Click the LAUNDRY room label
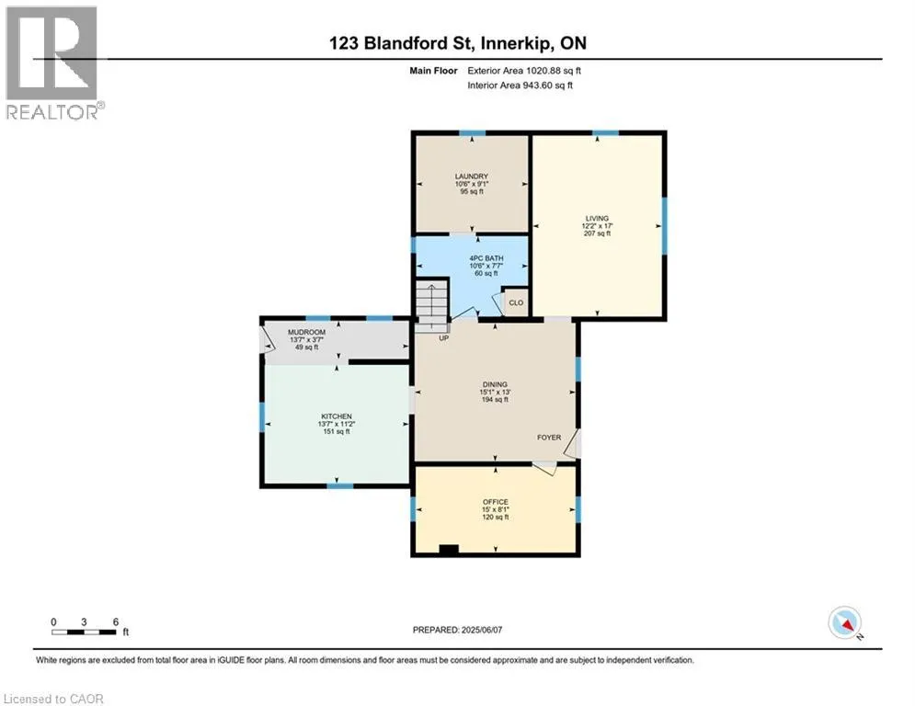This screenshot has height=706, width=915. (472, 176)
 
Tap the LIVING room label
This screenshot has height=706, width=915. (597, 218)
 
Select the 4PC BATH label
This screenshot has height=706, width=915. (486, 258)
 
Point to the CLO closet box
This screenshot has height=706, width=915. (516, 302)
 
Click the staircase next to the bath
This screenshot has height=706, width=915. (432, 305)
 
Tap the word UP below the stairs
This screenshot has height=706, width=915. (444, 337)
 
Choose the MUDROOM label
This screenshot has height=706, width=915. (307, 332)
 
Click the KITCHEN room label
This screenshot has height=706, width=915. (337, 416)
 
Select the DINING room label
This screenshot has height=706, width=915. (495, 384)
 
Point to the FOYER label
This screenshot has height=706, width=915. (549, 437)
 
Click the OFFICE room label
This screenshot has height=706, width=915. (496, 502)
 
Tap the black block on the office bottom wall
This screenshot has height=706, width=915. (449, 549)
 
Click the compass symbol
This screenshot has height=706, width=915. (845, 623)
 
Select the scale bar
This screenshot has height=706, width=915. (84, 632)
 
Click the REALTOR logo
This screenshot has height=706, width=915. (52, 63)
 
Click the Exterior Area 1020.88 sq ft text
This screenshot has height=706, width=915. (524, 71)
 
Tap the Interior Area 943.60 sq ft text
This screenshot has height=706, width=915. (520, 85)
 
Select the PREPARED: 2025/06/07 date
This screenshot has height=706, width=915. (458, 630)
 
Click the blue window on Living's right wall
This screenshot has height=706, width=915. (664, 226)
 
